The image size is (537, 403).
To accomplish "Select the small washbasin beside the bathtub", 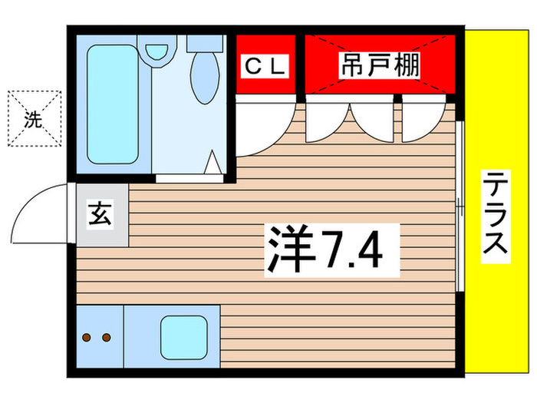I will tap(158, 51).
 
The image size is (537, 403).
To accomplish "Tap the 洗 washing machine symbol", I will tap(33, 119).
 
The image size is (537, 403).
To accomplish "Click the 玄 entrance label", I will tap(102, 214).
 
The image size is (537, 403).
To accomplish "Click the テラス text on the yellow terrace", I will tap(495, 216).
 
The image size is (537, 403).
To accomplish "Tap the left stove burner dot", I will tap(87, 337).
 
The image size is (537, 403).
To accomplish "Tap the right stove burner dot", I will tap(106, 337).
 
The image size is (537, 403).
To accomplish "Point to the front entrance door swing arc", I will tap(38, 211).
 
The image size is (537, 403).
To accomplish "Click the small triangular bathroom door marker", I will tap(215, 163).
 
